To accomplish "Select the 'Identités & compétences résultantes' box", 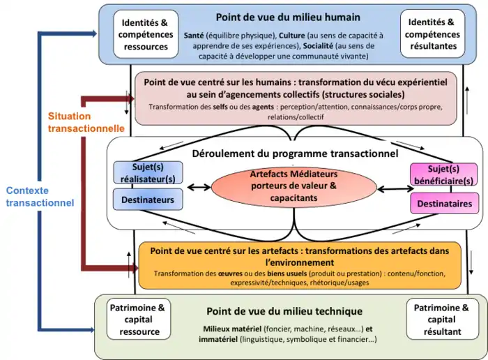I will tap(434, 33).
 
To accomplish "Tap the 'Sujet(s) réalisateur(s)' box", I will tap(147, 173).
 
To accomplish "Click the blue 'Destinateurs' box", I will tap(147, 200).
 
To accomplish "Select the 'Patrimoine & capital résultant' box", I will tap(441, 319).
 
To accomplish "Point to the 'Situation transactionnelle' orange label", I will tap(86, 122).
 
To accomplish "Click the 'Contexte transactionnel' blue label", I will tap(38, 196).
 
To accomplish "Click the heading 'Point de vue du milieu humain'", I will tap(288, 17).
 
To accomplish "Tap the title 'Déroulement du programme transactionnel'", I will tap(294, 153).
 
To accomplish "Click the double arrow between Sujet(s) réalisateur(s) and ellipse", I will tap(197, 186).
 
